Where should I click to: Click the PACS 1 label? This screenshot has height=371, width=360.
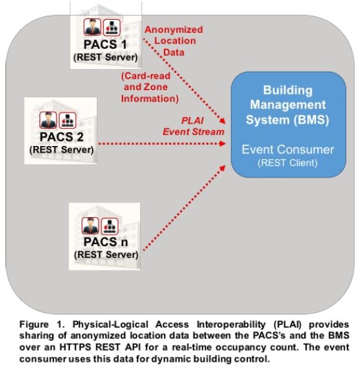[105, 44]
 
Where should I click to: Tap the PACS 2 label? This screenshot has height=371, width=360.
[62, 137]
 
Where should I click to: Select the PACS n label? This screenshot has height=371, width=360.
[105, 242]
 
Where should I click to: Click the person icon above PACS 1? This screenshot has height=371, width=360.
[92, 27]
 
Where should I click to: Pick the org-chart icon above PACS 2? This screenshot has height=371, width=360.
[67, 120]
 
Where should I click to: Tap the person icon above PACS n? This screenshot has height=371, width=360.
[90, 226]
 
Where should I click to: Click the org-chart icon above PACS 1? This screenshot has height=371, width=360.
[112, 27]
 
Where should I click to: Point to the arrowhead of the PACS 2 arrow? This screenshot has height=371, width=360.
[222, 143]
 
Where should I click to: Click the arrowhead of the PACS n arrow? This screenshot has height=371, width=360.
[222, 168]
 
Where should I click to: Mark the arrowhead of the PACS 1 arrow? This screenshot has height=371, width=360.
[222, 120]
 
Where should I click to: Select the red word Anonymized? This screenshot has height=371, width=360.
[174, 30]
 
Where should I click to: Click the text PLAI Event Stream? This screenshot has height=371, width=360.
[193, 126]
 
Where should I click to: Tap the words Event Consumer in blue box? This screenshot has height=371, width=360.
[288, 149]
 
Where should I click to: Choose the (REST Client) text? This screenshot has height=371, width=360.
[288, 163]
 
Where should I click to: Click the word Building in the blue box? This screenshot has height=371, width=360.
[288, 90]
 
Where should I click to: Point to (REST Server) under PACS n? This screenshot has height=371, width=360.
[106, 255]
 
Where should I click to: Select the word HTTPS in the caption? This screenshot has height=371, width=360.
[75, 347]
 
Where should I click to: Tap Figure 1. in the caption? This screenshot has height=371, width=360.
[42, 324]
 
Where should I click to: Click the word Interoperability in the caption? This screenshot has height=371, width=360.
[231, 324]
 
